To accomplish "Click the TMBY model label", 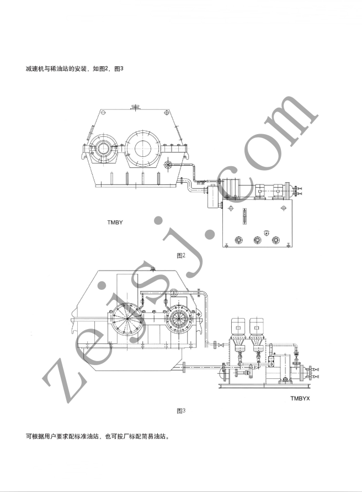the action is tap(115, 223).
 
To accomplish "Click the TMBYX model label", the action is tap(300, 399).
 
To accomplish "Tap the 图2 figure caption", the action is tap(181, 256).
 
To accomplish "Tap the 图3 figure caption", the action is tap(181, 411).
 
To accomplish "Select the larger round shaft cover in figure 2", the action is tap(143, 149).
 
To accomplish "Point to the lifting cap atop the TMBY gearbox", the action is tap(135, 107).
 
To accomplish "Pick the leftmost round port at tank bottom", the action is tap(239, 240).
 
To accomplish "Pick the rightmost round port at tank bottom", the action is tap(275, 240).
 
